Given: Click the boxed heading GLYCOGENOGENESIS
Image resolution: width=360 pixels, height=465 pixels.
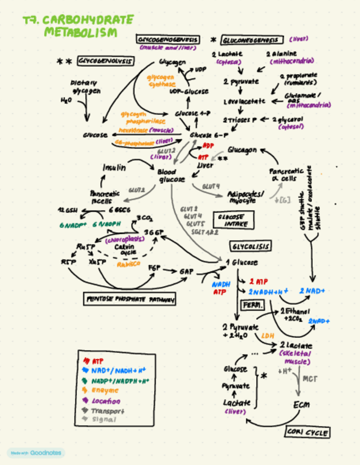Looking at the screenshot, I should point(168,39).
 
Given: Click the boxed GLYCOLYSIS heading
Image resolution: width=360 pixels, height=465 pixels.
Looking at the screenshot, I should point(250,246).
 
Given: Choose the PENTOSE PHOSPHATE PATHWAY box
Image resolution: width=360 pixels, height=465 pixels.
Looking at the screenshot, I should point(130,299).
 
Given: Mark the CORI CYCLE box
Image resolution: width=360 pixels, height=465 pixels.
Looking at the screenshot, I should point(307,433).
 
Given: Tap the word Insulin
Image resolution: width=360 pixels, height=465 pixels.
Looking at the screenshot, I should point(114,167).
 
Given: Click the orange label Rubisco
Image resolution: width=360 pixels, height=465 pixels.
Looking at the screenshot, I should point(129,264).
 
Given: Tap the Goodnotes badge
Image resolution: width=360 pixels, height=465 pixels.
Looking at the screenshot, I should point(36,453).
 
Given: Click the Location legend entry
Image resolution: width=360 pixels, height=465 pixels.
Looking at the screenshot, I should point(106,401).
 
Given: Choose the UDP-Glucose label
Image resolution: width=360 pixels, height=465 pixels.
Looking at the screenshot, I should point(185,91).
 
